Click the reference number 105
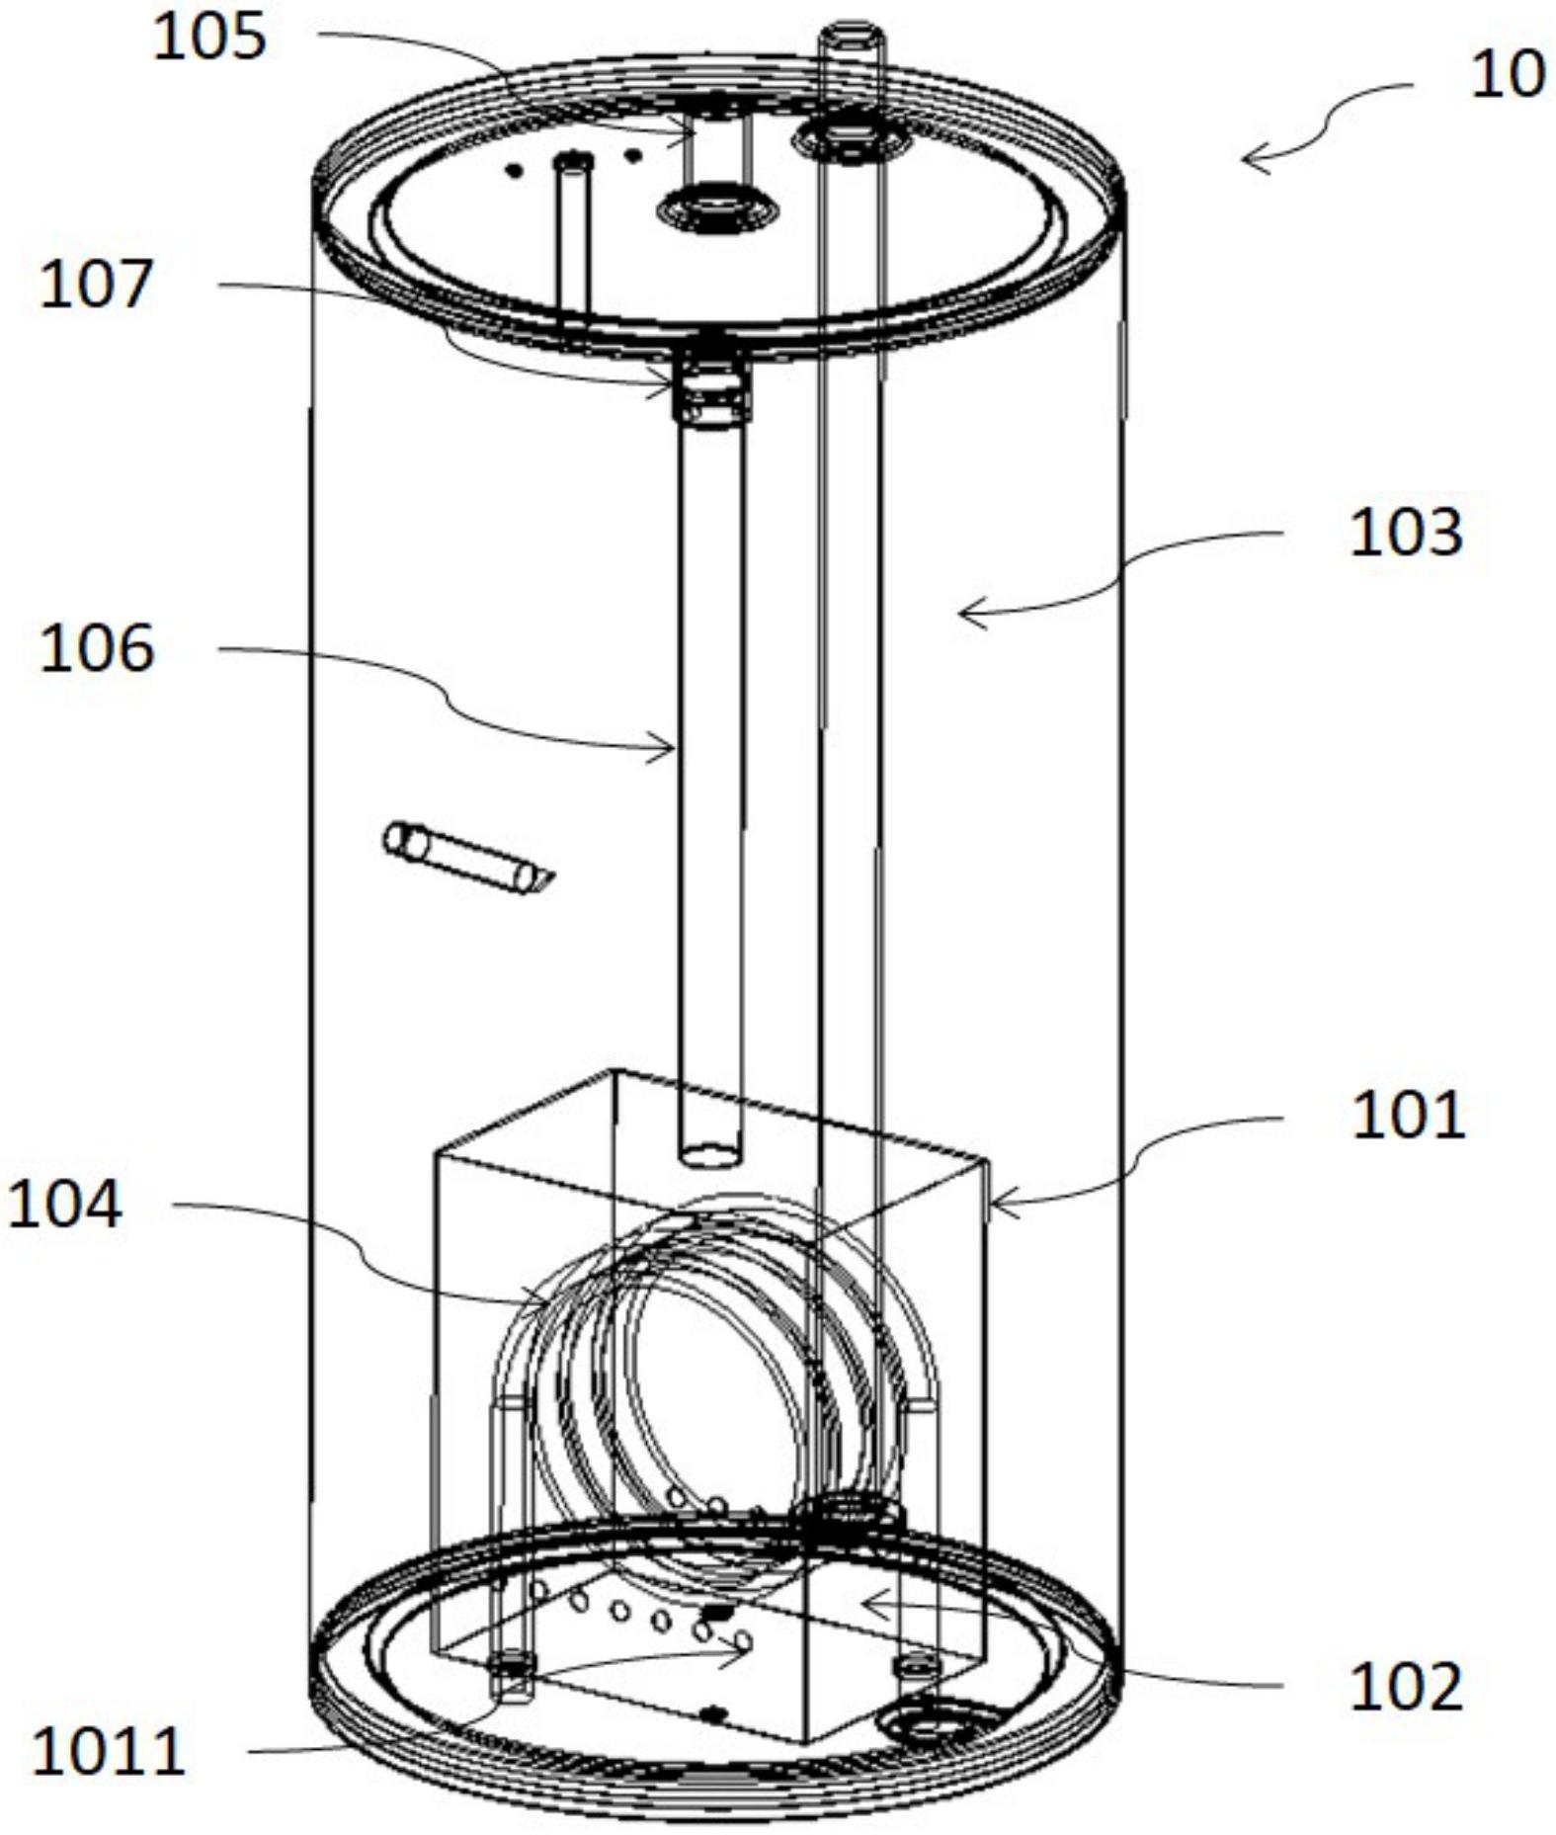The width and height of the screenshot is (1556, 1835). [209, 40]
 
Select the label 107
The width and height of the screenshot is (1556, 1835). [97, 285]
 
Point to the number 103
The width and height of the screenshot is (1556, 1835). [1405, 534]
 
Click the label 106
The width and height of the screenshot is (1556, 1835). [97, 649]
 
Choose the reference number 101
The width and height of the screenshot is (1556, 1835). [1407, 1117]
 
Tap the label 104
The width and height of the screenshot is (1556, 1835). [64, 1205]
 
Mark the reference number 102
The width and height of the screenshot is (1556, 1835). [1405, 1687]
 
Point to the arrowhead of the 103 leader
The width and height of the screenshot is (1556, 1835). [962, 614]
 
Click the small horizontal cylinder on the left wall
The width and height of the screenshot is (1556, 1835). [464, 857]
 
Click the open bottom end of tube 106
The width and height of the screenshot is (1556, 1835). [710, 1154]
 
